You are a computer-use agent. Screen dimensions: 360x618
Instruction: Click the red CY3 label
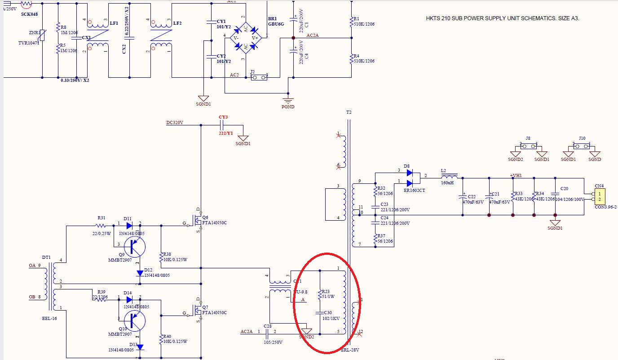223,118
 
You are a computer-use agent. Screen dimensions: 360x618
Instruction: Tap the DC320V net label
175,122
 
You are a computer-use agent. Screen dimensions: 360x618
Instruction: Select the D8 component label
407,166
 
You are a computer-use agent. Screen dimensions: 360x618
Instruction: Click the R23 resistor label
326,291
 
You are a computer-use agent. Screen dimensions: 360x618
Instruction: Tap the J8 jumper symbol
528,146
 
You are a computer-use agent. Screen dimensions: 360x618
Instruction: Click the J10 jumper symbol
582,146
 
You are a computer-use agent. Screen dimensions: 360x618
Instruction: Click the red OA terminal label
32,266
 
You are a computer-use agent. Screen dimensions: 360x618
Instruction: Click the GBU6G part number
276,24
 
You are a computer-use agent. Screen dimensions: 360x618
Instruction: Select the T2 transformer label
349,112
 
